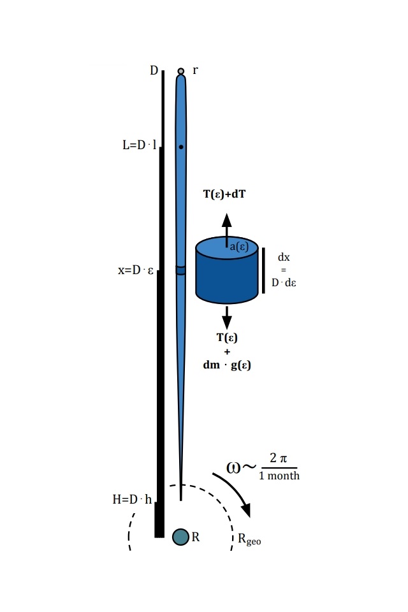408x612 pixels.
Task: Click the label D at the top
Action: click(x=154, y=70)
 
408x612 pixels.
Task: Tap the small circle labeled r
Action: click(x=181, y=71)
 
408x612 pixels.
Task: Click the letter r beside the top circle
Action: click(x=195, y=71)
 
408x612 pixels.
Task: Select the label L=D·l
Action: click(x=140, y=145)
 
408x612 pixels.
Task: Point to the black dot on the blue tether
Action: click(x=181, y=147)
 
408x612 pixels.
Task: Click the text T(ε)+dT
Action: click(x=224, y=194)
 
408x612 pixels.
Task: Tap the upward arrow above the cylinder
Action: click(x=227, y=230)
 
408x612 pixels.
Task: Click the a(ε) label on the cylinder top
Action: click(x=239, y=247)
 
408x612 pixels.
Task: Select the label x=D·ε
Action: click(x=136, y=270)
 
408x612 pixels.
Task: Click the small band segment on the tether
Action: click(x=181, y=270)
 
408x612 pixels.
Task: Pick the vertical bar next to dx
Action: click(x=263, y=270)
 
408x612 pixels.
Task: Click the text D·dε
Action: click(x=284, y=282)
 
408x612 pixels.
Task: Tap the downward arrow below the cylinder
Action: click(x=227, y=317)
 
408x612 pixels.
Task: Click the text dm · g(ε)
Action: click(x=227, y=365)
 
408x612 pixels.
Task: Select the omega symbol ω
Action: click(x=233, y=467)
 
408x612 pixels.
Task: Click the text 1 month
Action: click(x=279, y=476)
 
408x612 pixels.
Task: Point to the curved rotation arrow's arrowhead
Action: click(x=246, y=510)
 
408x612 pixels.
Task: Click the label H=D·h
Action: click(x=132, y=499)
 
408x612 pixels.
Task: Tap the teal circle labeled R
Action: click(x=181, y=537)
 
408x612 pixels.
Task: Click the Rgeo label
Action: click(x=249, y=539)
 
